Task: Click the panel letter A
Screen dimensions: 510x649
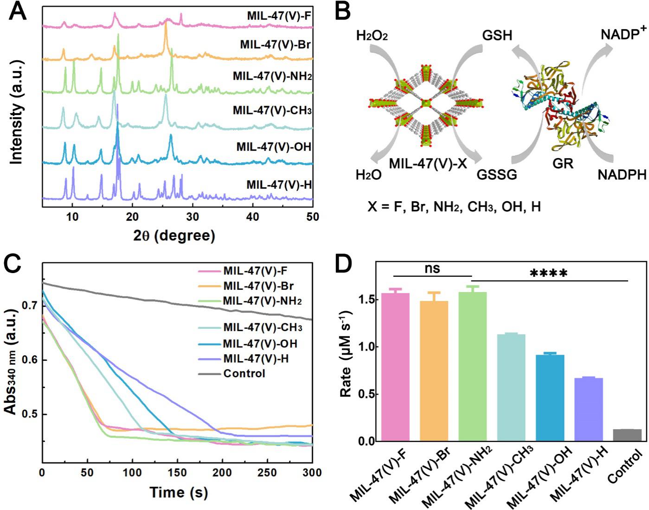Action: tap(18, 12)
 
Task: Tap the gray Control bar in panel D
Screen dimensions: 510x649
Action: tap(627, 435)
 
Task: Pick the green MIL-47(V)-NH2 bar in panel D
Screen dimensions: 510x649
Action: tap(472, 366)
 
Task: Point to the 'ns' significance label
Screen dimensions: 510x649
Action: tap(432, 268)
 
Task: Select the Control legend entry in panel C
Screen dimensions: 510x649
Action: tap(244, 373)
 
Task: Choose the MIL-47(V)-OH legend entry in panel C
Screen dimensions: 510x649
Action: tap(260, 344)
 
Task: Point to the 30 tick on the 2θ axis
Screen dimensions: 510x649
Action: tap(193, 217)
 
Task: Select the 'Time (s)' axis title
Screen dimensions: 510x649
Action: tap(179, 492)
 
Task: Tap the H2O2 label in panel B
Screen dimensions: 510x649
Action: tap(371, 35)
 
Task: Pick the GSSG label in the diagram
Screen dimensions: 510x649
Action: tap(496, 175)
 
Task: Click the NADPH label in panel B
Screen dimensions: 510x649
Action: tap(622, 175)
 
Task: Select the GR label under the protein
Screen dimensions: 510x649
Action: tap(563, 164)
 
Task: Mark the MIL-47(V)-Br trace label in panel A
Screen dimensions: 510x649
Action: tap(275, 45)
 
